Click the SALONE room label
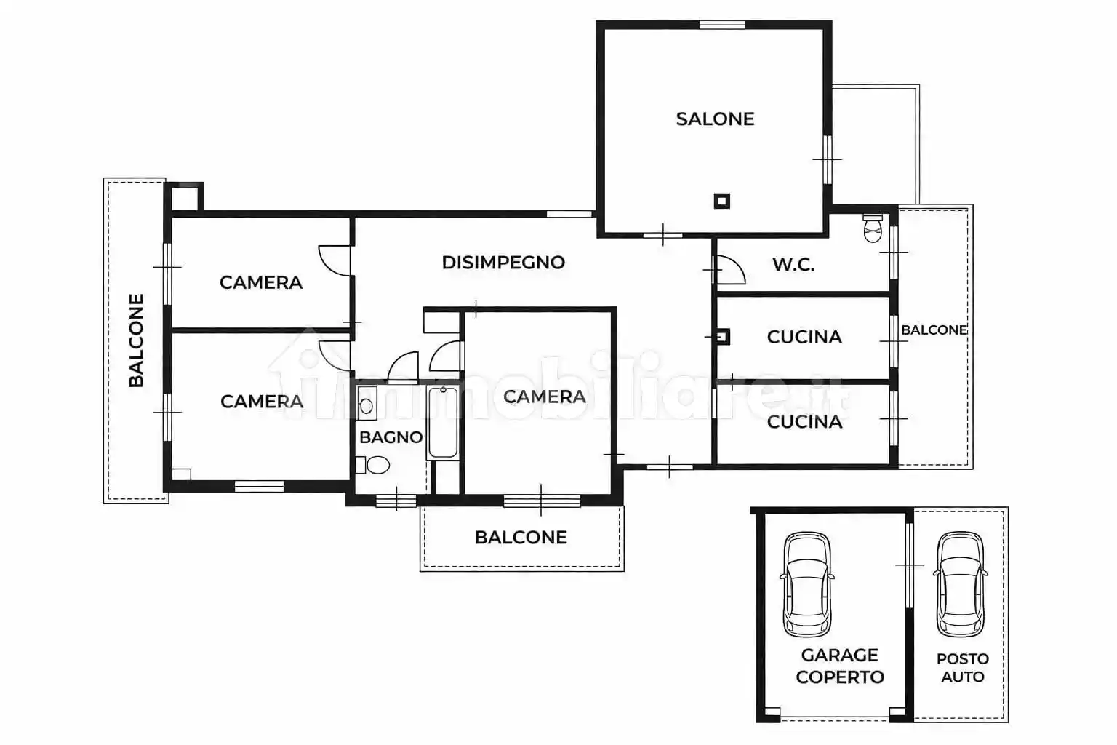point(715,119)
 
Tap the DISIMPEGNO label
point(503,263)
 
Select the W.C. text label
point(794,265)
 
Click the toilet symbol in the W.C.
point(873,228)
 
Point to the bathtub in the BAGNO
point(443,423)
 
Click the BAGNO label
point(391,438)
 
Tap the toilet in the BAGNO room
point(373,465)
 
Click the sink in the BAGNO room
point(367,403)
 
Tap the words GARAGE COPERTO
point(840,666)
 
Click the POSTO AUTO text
point(962,668)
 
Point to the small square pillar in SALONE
point(722,201)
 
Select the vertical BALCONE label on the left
point(136,340)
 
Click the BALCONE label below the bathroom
point(521,538)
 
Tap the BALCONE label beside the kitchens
point(934,330)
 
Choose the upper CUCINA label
point(804,338)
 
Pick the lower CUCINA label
point(804,422)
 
